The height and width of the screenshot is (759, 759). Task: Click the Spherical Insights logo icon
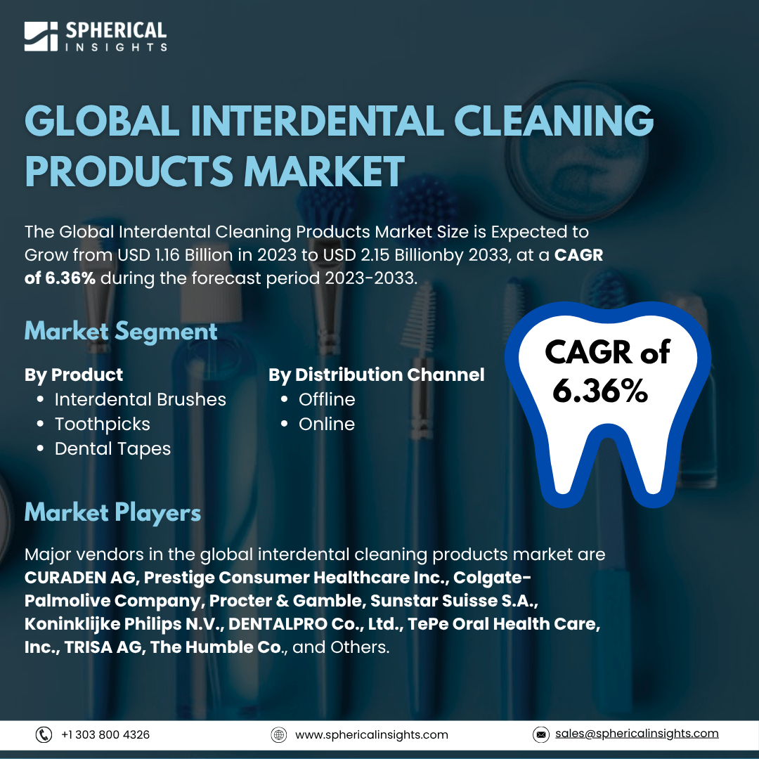41,37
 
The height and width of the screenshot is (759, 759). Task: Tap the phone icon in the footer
44,734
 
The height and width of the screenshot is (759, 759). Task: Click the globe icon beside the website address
279,734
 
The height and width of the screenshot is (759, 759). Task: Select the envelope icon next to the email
540,734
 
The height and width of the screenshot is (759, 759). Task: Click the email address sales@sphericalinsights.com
637,733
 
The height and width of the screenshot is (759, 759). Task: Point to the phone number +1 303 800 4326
105,734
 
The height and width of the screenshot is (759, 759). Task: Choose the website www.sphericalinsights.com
372,735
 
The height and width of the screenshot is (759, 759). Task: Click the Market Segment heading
121,332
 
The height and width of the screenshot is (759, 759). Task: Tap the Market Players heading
112,513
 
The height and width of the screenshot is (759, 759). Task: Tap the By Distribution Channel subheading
377,375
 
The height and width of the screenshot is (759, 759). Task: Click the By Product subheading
74,375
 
